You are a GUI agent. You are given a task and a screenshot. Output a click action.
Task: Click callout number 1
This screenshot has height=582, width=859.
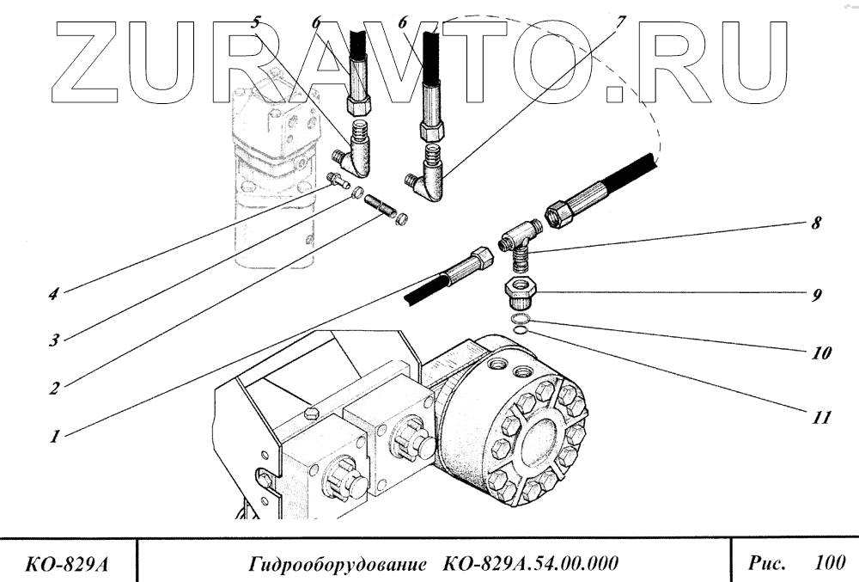point(54,436)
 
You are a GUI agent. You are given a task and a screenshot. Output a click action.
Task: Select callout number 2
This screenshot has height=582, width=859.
point(54,388)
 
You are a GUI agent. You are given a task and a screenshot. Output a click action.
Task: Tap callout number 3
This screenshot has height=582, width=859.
point(54,340)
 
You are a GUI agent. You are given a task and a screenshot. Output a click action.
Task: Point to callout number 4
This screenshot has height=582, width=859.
point(54,293)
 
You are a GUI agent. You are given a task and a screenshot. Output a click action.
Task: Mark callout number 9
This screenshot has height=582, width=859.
point(815,295)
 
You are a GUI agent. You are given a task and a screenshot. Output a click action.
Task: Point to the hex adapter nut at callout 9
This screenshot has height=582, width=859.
point(519,291)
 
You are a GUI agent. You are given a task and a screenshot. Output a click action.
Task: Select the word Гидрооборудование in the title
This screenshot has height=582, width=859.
point(338,565)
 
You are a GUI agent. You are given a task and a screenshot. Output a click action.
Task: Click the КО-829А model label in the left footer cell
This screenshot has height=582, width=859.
point(69,565)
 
